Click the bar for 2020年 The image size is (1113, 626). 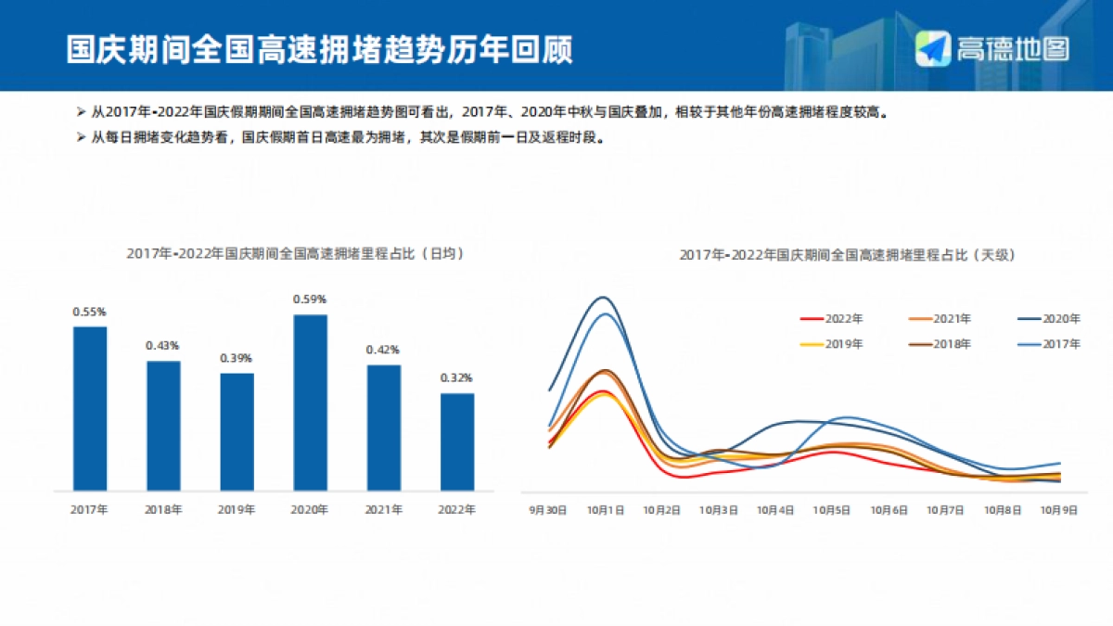(x=310, y=402)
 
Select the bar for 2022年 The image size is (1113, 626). (x=457, y=441)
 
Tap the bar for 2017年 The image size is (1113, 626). (x=90, y=408)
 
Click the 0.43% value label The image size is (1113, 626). (x=162, y=346)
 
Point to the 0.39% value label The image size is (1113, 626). (x=237, y=358)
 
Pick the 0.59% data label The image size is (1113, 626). (x=310, y=300)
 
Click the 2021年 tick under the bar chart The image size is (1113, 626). (x=383, y=509)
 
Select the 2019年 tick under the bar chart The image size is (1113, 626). (x=237, y=509)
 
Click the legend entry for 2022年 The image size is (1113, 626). (x=831, y=319)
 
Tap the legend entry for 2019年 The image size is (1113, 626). (x=831, y=344)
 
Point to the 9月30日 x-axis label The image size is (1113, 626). (x=547, y=510)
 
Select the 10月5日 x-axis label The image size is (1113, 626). (x=832, y=510)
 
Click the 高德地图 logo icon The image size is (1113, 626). (x=934, y=48)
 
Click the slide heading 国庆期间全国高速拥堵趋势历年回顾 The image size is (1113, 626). (x=319, y=49)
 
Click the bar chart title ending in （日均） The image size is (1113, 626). (x=295, y=252)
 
